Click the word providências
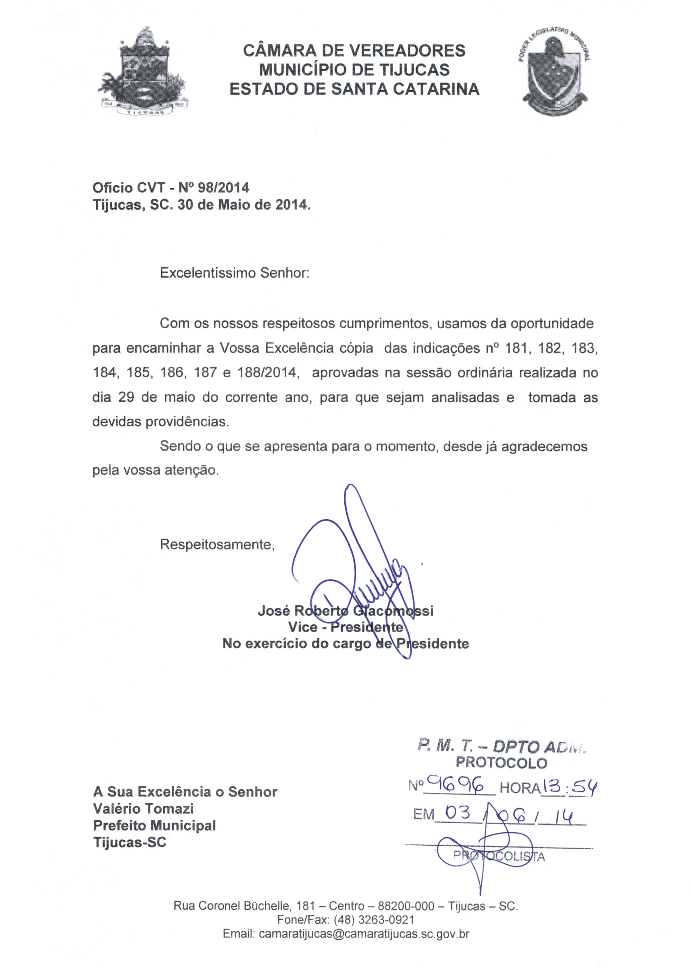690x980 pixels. pyautogui.click(x=187, y=422)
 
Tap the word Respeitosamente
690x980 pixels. pyautogui.click(x=217, y=545)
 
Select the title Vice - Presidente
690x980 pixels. pyautogui.click(x=345, y=627)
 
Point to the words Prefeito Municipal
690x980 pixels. pyautogui.click(x=155, y=825)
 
